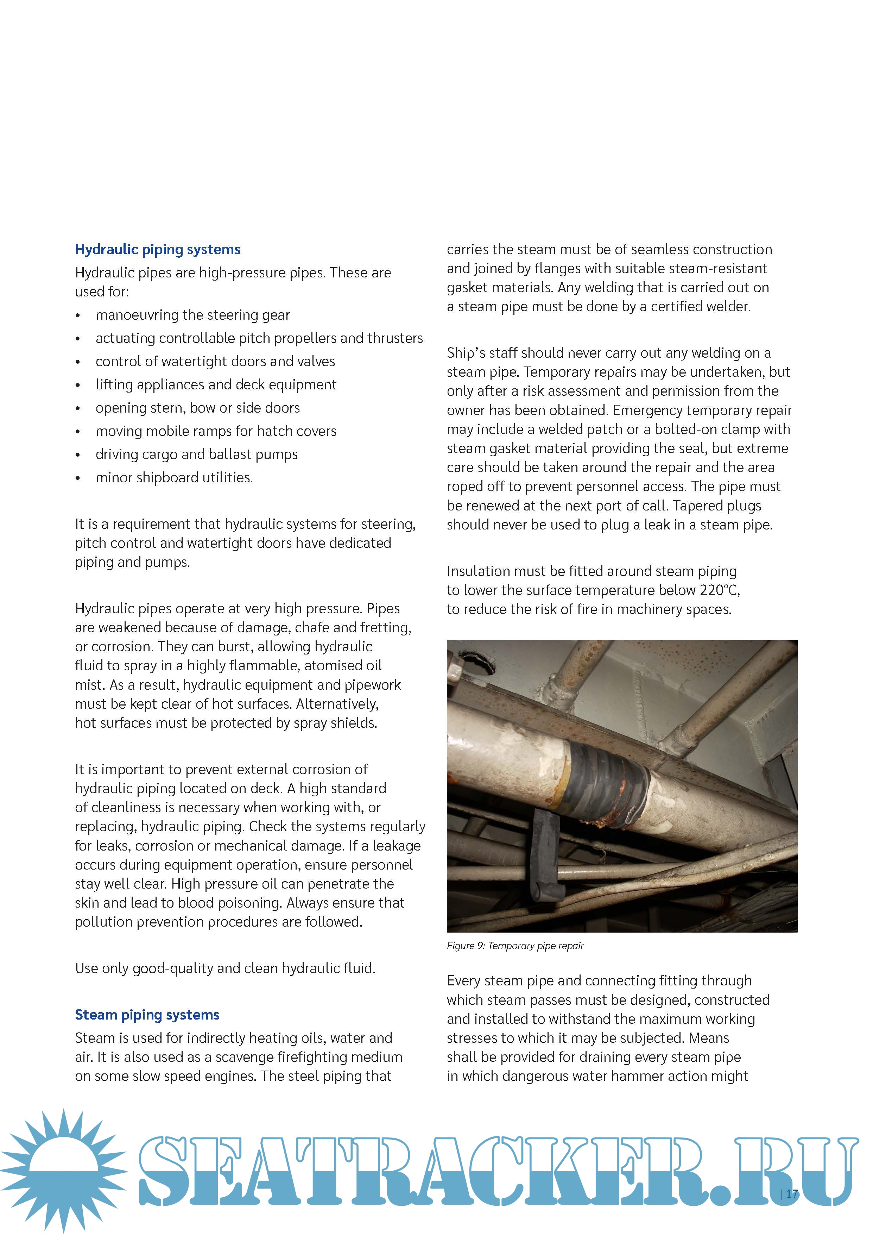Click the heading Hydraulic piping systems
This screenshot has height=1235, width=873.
pyautogui.click(x=158, y=250)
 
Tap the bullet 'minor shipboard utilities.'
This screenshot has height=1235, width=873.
pyautogui.click(x=174, y=478)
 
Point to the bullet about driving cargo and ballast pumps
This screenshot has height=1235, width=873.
pyautogui.click(x=196, y=454)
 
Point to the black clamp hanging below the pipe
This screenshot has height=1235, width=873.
pyautogui.click(x=544, y=855)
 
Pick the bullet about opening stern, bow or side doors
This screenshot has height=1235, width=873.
pyautogui.click(x=197, y=408)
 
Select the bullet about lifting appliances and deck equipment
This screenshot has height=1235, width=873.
pyautogui.click(x=216, y=385)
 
